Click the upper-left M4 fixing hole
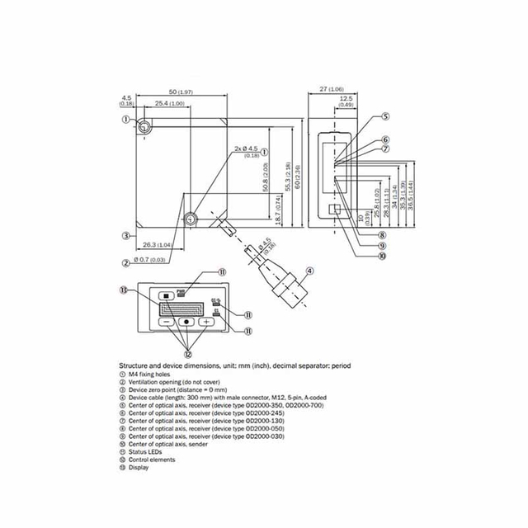tap(145, 126)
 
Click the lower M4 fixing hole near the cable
tap(191, 219)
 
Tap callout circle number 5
tap(385, 117)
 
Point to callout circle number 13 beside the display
tap(124, 290)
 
